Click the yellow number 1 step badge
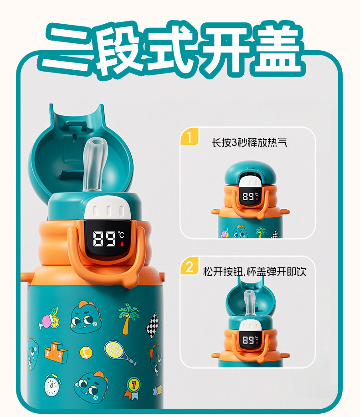[190, 137]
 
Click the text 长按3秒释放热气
[249, 142]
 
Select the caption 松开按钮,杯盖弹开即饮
[255, 271]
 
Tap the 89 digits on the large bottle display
[104, 239]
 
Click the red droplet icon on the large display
[122, 244]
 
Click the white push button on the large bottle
[108, 209]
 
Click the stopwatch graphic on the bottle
[52, 386]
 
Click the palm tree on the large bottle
[129, 318]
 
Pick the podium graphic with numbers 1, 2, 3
[56, 352]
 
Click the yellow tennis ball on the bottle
[86, 353]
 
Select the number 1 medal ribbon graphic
[134, 388]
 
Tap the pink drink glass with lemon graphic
[50, 318]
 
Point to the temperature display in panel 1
[250, 196]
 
